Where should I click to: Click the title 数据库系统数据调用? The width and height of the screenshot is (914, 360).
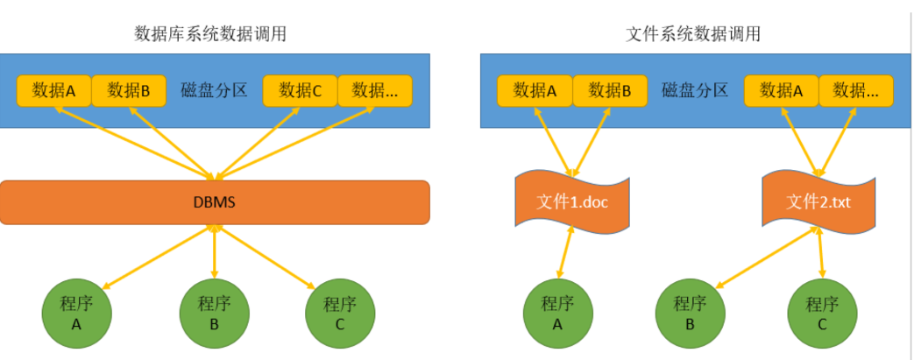pyautogui.click(x=210, y=34)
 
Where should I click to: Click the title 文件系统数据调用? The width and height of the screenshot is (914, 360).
pyautogui.click(x=693, y=34)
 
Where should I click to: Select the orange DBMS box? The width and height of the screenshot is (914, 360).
pyautogui.click(x=215, y=202)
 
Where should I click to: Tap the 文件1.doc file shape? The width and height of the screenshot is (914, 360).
pyautogui.click(x=572, y=202)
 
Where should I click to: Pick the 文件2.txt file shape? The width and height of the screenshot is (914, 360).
pyautogui.click(x=818, y=202)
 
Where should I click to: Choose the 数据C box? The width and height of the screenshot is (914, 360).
pyautogui.click(x=301, y=90)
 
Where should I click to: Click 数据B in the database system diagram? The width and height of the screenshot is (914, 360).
pyautogui.click(x=129, y=90)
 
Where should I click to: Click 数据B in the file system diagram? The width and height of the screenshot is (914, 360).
pyautogui.click(x=610, y=90)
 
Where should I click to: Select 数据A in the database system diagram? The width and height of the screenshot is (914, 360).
pyautogui.click(x=54, y=90)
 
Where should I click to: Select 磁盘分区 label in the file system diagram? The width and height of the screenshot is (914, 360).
pyautogui.click(x=696, y=90)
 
